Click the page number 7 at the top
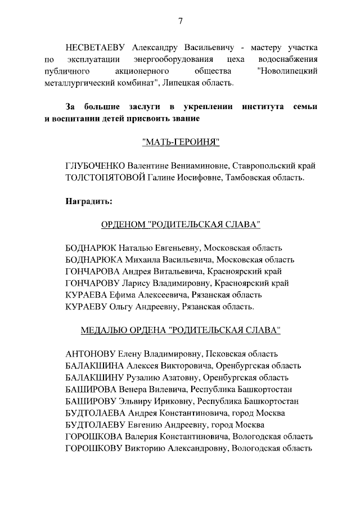(x=180, y=21)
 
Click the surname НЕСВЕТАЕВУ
(x=96, y=46)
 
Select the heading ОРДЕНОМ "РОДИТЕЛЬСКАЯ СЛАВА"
(x=180, y=224)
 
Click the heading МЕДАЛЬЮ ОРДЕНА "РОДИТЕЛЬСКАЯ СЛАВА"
(x=180, y=330)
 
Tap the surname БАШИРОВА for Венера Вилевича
(x=91, y=389)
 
